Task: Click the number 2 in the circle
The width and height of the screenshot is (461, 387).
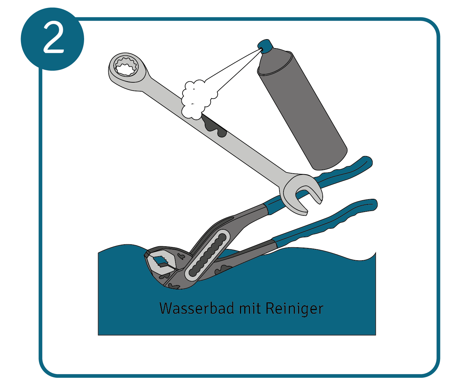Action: pyautogui.click(x=54, y=38)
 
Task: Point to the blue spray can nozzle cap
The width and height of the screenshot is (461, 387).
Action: pyautogui.click(x=265, y=46)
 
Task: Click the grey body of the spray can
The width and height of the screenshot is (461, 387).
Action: pyautogui.click(x=302, y=110)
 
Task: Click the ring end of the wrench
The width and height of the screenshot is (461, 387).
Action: pyautogui.click(x=127, y=71)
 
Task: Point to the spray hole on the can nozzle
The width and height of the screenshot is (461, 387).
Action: pyautogui.click(x=261, y=48)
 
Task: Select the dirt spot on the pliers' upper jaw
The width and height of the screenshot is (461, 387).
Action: pyautogui.click(x=181, y=256)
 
